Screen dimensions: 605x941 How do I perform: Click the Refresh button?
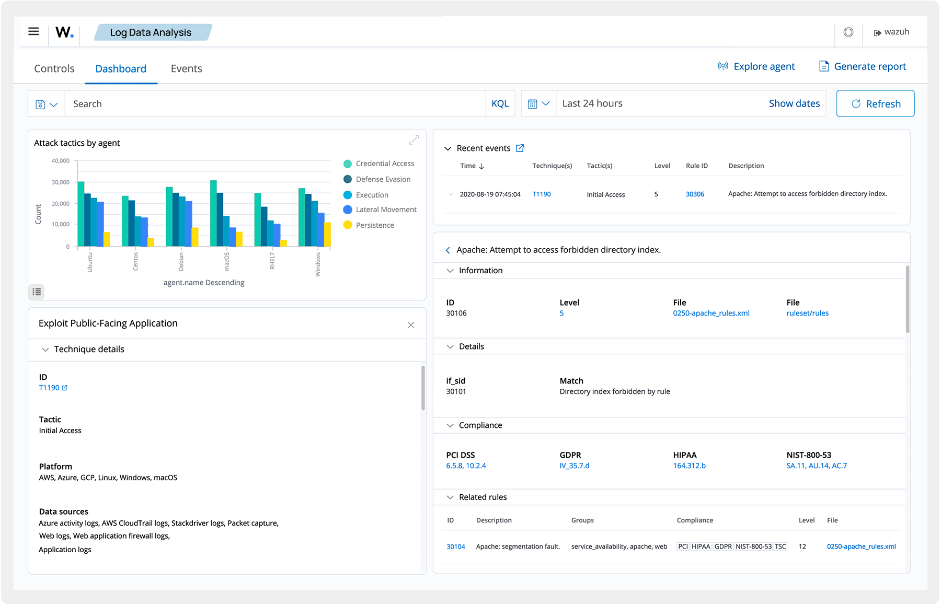coord(875,103)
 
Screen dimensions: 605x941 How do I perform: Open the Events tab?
coord(186,68)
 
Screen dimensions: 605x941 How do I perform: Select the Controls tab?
coord(54,68)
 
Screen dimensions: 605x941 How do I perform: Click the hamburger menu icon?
coord(33,31)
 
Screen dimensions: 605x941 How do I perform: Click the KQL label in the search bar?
coord(500,103)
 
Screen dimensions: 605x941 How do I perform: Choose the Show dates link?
coord(794,103)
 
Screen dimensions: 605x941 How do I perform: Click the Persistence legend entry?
coord(374,225)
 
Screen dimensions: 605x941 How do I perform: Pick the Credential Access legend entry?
coord(384,164)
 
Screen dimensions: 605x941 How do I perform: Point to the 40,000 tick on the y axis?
coord(61,160)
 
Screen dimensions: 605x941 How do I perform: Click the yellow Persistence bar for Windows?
coord(327,235)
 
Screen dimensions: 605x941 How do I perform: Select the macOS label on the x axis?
coord(227,261)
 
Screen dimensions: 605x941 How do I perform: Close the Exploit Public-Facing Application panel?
coord(411,325)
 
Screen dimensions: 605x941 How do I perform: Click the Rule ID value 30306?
coord(695,194)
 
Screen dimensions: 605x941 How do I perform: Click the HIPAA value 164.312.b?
coord(689,466)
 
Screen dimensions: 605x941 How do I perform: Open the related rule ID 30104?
coord(455,546)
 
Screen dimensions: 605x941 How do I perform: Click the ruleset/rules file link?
coord(807,313)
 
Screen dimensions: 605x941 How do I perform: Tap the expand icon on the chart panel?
coord(414,140)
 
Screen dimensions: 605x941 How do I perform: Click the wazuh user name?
coord(897,32)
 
